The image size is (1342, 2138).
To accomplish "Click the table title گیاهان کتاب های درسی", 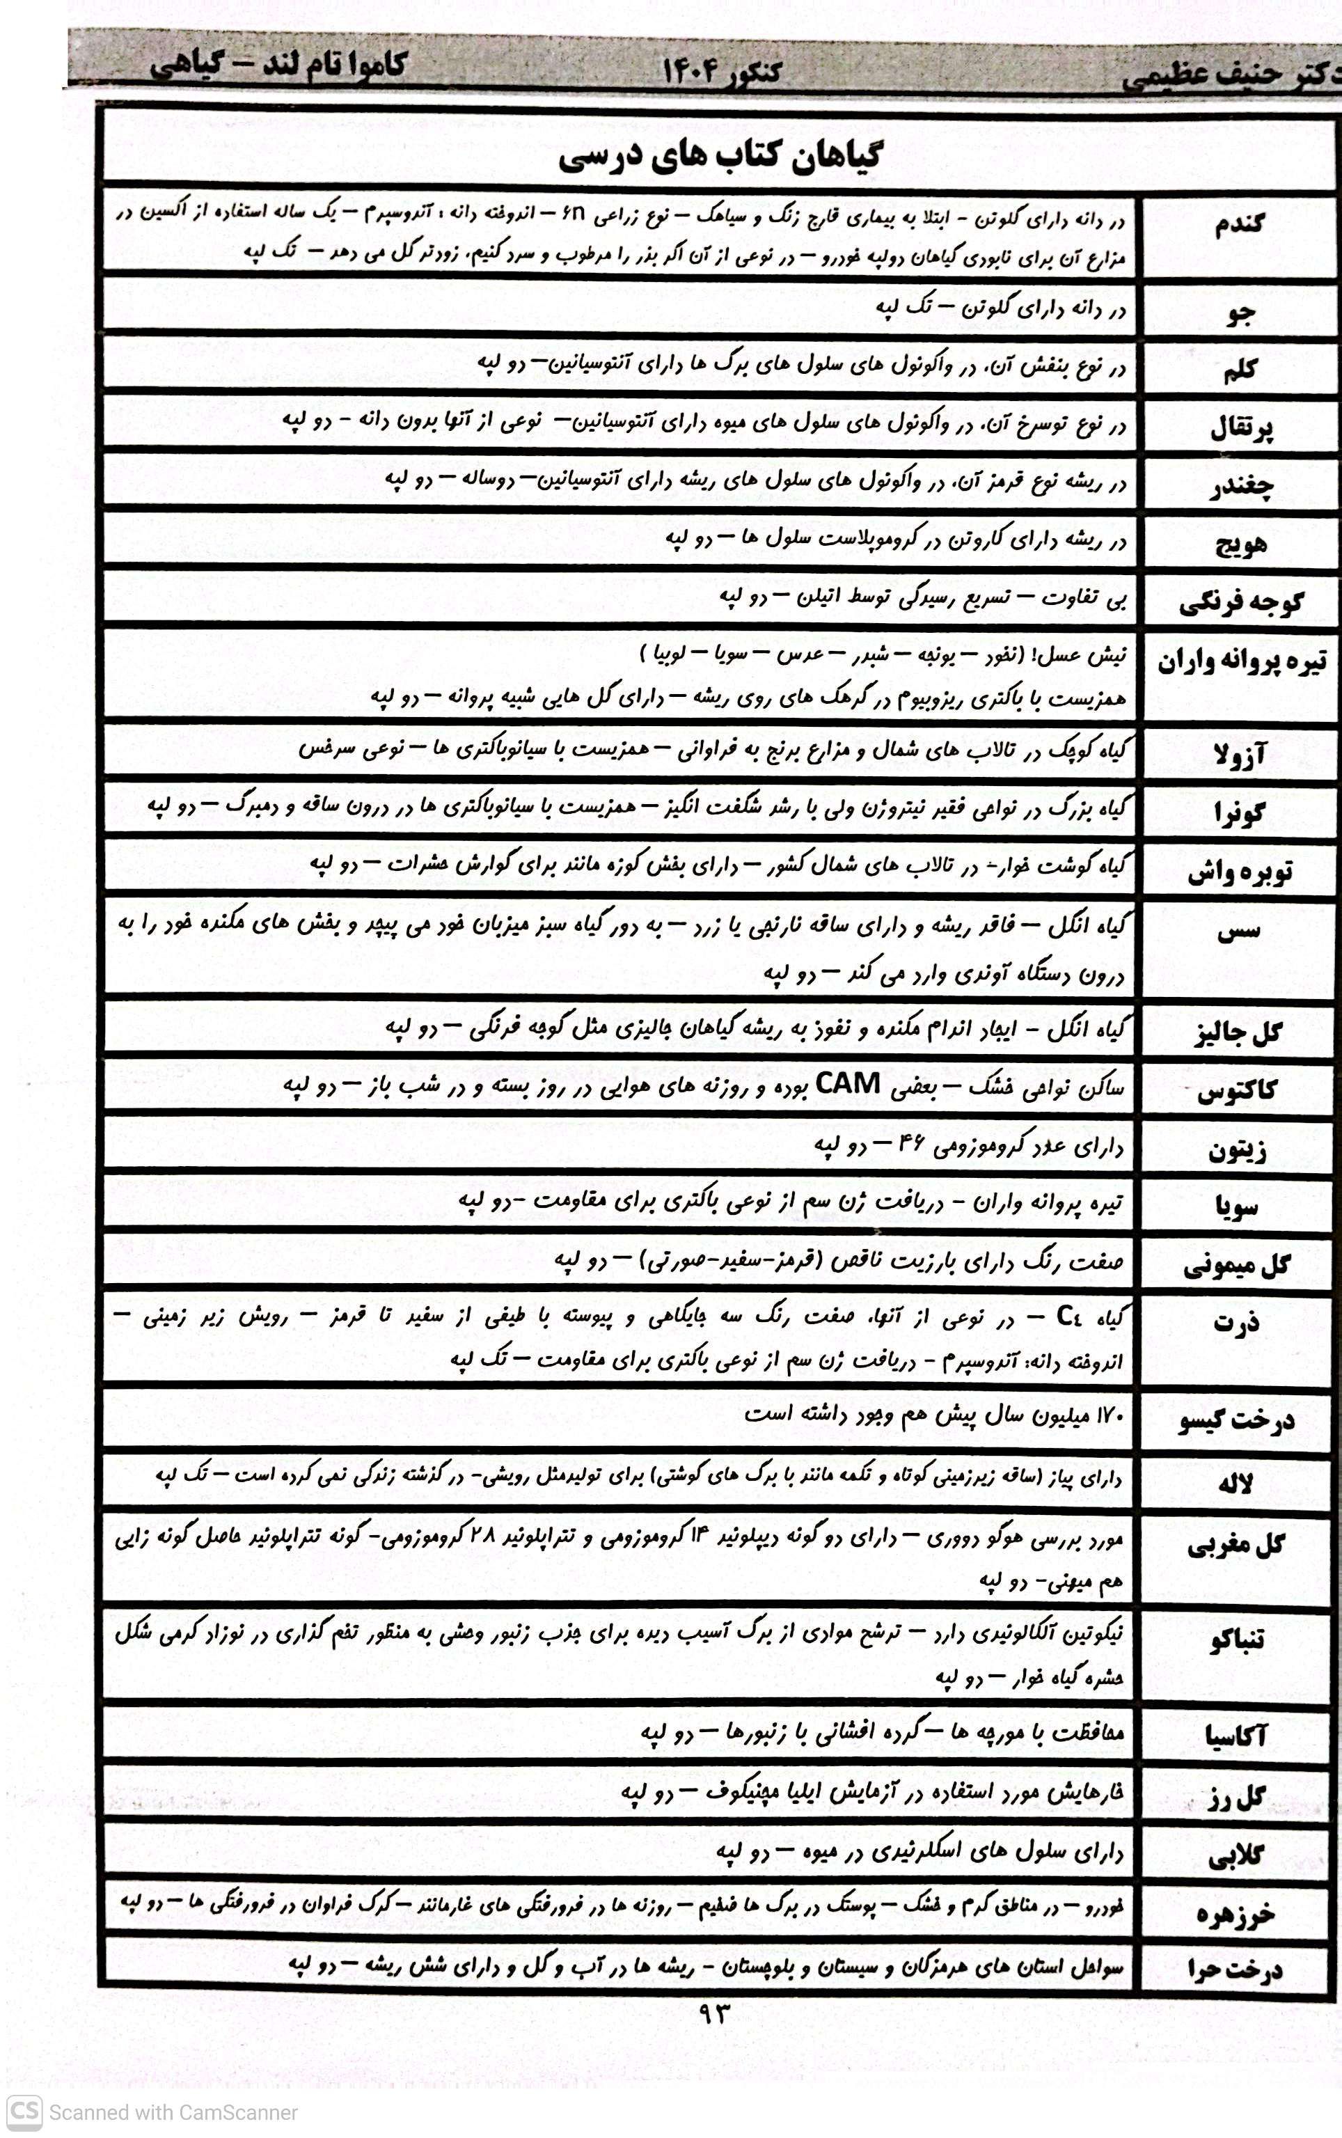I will click(720, 157).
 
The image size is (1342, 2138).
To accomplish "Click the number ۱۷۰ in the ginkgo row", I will click(1105, 1414).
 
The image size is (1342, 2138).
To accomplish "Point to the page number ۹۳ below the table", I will click(713, 2014).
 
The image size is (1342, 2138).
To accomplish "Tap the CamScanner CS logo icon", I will click(23, 2112).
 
